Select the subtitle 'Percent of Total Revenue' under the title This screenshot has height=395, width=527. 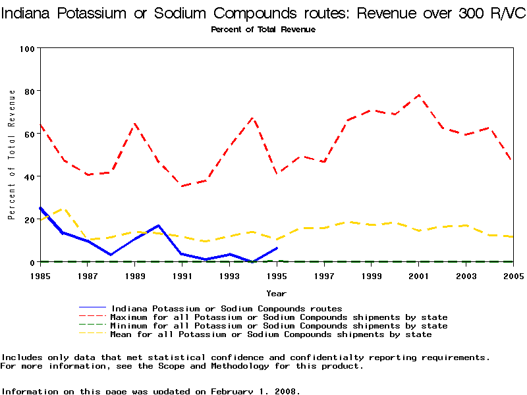coord(263,30)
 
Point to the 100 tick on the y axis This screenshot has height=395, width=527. coord(27,49)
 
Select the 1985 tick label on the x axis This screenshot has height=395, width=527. coord(40,275)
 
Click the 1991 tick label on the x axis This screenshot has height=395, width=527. coord(182,275)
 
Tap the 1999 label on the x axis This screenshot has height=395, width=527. coord(372,275)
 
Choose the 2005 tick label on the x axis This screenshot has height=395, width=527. coord(513,275)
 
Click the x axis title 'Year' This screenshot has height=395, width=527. coord(276,293)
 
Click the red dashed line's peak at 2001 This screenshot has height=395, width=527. coord(419,95)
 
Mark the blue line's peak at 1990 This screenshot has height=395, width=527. coord(159,226)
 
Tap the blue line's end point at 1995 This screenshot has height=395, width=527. coord(277,248)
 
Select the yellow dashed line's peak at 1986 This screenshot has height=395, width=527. coord(64,209)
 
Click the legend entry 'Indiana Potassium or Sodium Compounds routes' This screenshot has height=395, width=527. coord(227,308)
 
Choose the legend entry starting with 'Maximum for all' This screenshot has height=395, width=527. coord(279,317)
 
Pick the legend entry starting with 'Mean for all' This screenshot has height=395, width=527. coord(271,334)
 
